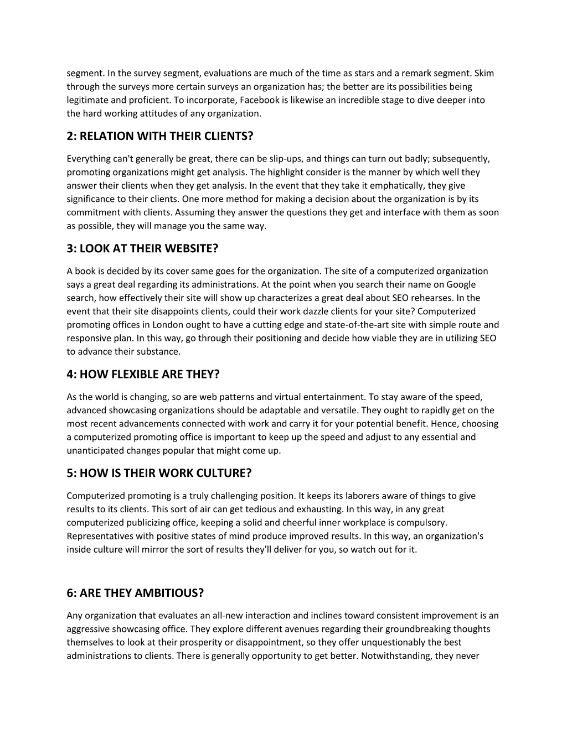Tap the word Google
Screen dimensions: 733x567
pyautogui.click(x=462, y=284)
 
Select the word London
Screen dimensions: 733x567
pyautogui.click(x=162, y=325)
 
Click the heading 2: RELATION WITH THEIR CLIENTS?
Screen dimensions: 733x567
pyautogui.click(x=159, y=136)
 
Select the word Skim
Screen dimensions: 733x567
pyautogui.click(x=484, y=73)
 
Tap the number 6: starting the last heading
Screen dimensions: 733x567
pyautogui.click(x=71, y=593)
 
